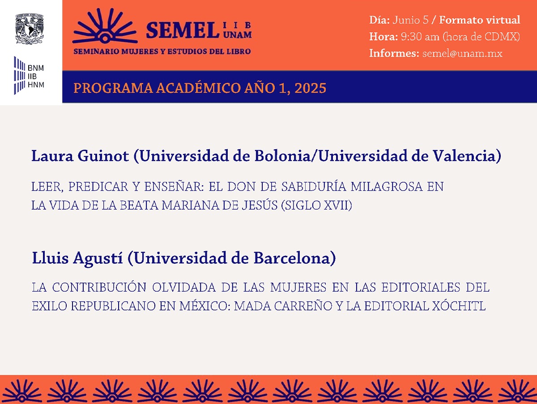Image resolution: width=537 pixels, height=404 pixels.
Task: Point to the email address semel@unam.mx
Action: pos(462,53)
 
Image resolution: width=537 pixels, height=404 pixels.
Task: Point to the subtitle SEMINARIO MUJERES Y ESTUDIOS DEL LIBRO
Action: pos(162,51)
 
